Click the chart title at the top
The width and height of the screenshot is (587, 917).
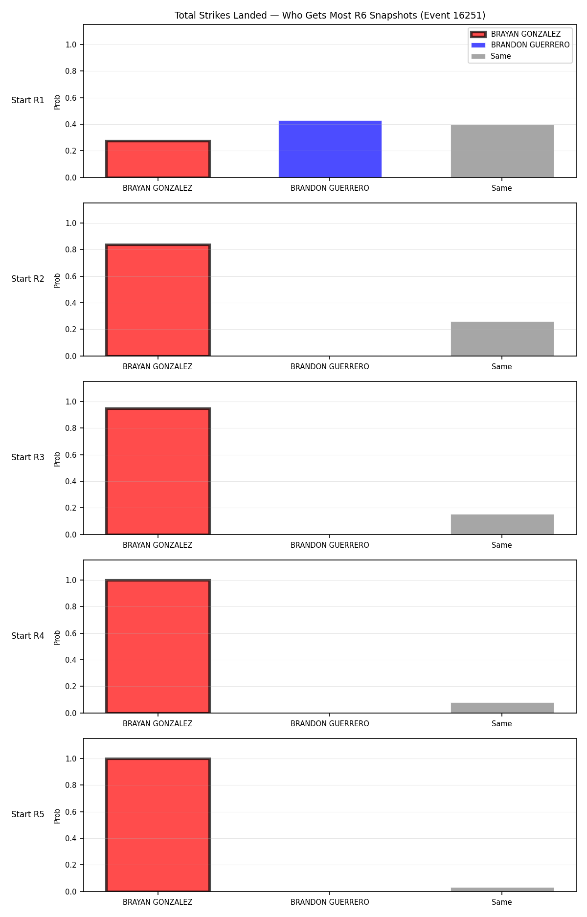click(330, 16)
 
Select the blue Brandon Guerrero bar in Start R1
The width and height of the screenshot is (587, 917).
click(330, 149)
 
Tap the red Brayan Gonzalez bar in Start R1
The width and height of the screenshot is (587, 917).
click(158, 159)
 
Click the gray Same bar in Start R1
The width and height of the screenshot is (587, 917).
click(502, 151)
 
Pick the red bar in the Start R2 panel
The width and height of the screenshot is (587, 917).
click(158, 300)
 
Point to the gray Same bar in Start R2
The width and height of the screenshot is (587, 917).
click(502, 339)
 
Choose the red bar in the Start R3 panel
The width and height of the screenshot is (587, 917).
click(158, 471)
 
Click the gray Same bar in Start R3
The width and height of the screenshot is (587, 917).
click(502, 524)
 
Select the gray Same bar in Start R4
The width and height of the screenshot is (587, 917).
click(502, 708)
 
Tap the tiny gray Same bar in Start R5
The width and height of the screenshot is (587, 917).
click(502, 890)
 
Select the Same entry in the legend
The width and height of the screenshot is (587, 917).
click(491, 56)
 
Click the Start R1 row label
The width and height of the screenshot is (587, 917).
click(28, 100)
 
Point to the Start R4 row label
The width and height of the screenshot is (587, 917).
click(28, 636)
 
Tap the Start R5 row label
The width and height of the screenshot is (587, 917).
click(28, 814)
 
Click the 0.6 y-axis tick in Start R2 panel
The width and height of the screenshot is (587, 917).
click(71, 276)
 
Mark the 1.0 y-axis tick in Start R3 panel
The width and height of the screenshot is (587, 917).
click(71, 402)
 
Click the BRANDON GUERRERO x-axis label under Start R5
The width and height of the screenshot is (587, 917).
click(330, 902)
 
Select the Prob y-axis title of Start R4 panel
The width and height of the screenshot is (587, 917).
click(57, 638)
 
